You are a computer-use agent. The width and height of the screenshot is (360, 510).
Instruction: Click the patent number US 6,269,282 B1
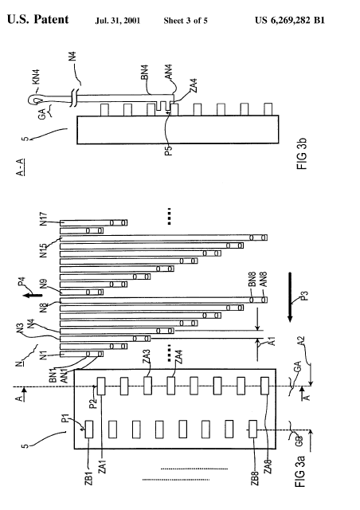click(290, 21)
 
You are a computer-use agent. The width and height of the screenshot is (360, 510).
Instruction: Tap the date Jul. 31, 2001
click(118, 21)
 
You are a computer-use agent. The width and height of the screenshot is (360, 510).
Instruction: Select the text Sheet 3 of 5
click(186, 21)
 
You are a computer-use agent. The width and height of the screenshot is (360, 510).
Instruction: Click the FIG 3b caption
click(302, 154)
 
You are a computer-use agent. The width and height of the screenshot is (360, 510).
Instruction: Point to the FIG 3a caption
click(299, 472)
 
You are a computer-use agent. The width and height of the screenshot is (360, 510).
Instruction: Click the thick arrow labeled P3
click(291, 297)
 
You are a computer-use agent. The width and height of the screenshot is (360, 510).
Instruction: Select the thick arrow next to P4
click(33, 295)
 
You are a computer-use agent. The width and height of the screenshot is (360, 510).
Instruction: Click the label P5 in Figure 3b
click(169, 151)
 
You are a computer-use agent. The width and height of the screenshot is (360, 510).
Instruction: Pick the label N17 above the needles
click(44, 219)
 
